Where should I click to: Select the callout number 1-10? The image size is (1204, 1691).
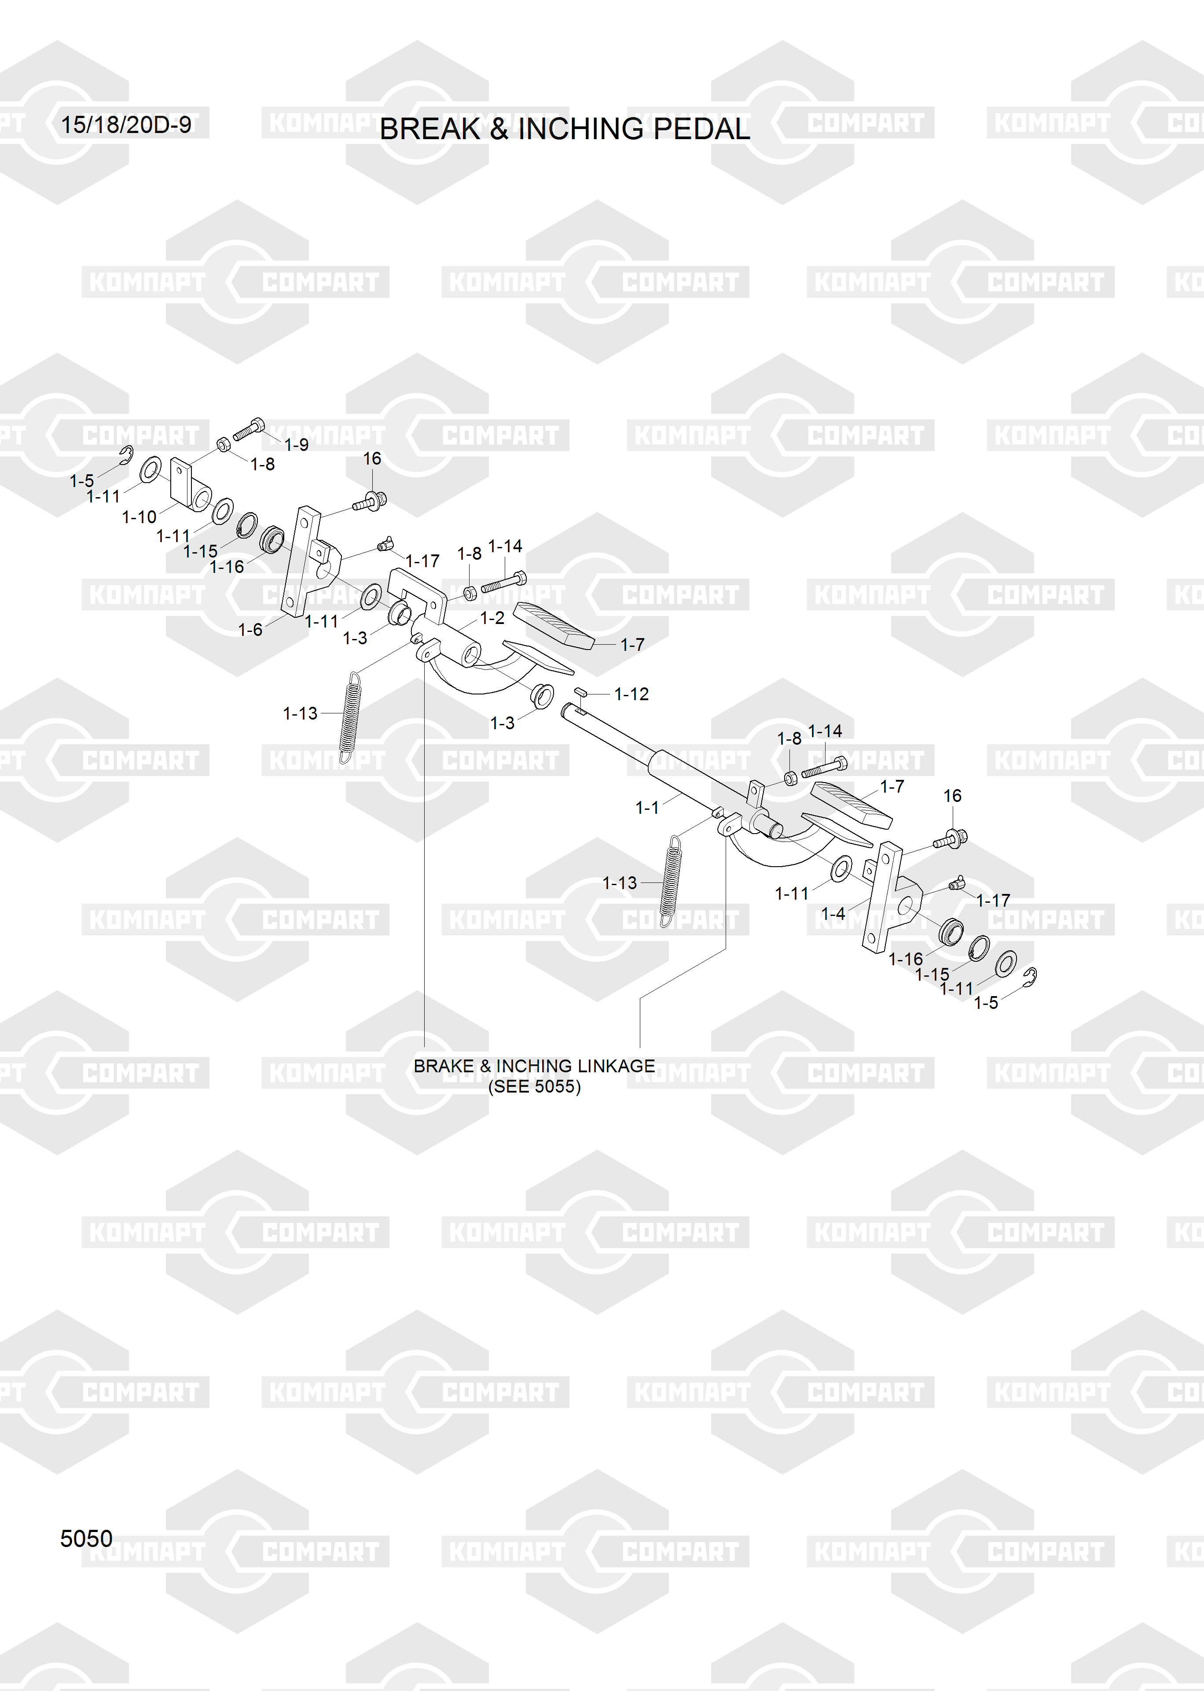pyautogui.click(x=139, y=517)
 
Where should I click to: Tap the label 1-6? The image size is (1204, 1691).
pyautogui.click(x=250, y=630)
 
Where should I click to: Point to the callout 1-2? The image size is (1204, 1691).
pyautogui.click(x=492, y=618)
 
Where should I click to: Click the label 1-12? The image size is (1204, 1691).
pyautogui.click(x=631, y=694)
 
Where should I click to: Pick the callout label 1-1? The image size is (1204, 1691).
pyautogui.click(x=647, y=808)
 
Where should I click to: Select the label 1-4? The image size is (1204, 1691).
pyautogui.click(x=833, y=914)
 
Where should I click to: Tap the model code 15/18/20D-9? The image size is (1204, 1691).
pyautogui.click(x=126, y=125)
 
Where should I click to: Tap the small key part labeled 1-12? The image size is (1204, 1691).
pyautogui.click(x=580, y=692)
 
